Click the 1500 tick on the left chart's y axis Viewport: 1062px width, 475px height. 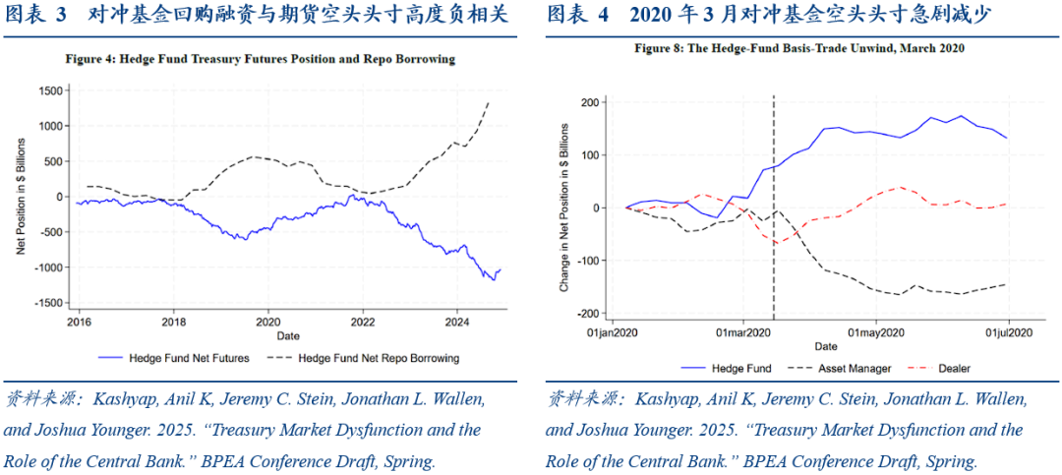(x=48, y=90)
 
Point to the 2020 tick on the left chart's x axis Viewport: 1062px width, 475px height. (x=267, y=321)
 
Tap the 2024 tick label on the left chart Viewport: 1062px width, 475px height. (x=456, y=321)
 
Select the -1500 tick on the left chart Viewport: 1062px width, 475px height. (x=45, y=303)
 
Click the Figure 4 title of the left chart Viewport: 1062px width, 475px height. (x=260, y=59)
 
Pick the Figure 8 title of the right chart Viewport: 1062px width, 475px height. (x=798, y=47)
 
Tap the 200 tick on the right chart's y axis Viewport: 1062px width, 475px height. (x=590, y=102)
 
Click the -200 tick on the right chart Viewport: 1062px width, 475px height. (x=588, y=314)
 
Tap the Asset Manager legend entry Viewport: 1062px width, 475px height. (x=854, y=369)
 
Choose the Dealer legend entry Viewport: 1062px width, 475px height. (x=953, y=369)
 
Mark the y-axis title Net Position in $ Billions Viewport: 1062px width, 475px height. (x=20, y=197)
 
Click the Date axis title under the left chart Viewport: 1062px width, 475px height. (x=266, y=335)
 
